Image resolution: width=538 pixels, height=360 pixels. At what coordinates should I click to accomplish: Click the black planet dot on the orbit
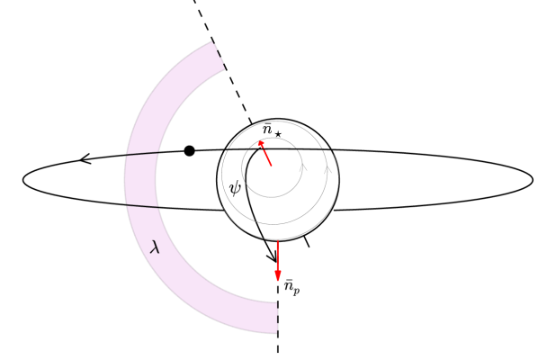tap(189, 150)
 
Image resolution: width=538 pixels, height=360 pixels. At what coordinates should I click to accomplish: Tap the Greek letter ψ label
tap(236, 187)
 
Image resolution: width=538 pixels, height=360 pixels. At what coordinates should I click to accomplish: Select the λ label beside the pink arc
tap(155, 247)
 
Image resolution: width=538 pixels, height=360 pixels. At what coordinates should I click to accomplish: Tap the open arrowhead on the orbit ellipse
tap(84, 159)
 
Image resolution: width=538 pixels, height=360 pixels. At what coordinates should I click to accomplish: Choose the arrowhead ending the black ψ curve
tap(274, 260)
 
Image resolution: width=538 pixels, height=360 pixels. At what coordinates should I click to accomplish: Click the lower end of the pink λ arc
tap(277, 318)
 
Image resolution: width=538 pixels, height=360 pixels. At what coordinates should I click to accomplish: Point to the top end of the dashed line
tap(193, 2)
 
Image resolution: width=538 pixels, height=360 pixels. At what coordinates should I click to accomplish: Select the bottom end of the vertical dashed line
tap(278, 351)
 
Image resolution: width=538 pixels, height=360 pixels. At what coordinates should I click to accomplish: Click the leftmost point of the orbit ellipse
tap(22, 180)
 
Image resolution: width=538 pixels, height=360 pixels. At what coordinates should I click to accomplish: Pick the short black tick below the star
tap(307, 241)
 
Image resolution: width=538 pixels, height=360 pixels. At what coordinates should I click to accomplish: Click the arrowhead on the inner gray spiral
tap(303, 166)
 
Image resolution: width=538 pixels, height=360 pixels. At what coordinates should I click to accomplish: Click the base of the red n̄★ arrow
tap(271, 166)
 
